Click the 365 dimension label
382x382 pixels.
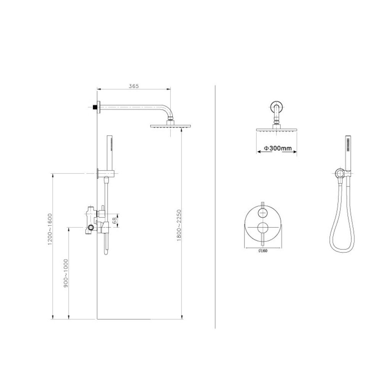[133, 86]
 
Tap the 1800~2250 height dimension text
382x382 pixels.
[179, 225]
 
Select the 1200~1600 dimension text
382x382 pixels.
[50, 229]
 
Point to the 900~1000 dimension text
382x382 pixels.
[66, 273]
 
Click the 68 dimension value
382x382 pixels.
[114, 220]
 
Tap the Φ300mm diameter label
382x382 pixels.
[278, 148]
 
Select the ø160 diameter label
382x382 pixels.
[263, 251]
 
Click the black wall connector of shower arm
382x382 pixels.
[94, 107]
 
